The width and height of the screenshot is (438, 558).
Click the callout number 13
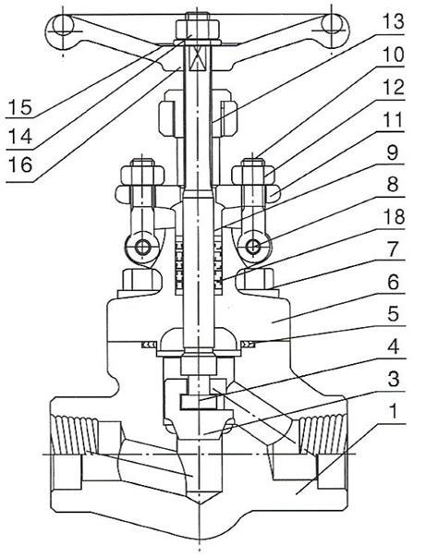click(x=393, y=21)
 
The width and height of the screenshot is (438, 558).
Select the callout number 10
click(x=393, y=55)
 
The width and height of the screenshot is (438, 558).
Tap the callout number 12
click(x=393, y=88)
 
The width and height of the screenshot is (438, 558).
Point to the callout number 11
click(x=392, y=120)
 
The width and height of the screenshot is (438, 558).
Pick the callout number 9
click(x=393, y=153)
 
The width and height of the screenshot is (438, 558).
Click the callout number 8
click(x=393, y=185)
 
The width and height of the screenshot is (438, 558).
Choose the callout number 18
click(x=393, y=217)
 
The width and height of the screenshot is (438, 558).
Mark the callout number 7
click(x=393, y=249)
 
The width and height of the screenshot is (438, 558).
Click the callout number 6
click(x=393, y=283)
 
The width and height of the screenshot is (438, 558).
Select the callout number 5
click(x=393, y=315)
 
